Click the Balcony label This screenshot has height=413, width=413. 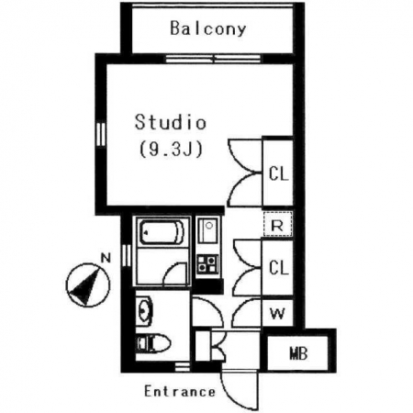click(x=208, y=28)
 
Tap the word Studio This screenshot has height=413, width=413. click(x=171, y=122)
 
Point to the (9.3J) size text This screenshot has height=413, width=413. click(x=171, y=150)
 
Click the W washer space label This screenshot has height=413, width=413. click(x=277, y=314)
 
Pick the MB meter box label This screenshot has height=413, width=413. click(x=298, y=353)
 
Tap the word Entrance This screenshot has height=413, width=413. click(x=180, y=392)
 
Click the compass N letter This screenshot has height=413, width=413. click(x=106, y=259)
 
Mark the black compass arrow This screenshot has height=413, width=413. click(x=85, y=286)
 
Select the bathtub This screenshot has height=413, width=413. click(x=162, y=232)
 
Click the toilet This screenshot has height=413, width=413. click(x=153, y=343)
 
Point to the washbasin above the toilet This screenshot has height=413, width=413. click(x=144, y=311)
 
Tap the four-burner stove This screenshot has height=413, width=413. click(x=207, y=263)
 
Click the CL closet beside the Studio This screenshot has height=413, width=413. click(x=278, y=173)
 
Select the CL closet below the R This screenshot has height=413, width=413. click(x=278, y=268)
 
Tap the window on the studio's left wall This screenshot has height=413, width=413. click(x=101, y=135)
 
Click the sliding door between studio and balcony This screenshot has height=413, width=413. click(x=214, y=59)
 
